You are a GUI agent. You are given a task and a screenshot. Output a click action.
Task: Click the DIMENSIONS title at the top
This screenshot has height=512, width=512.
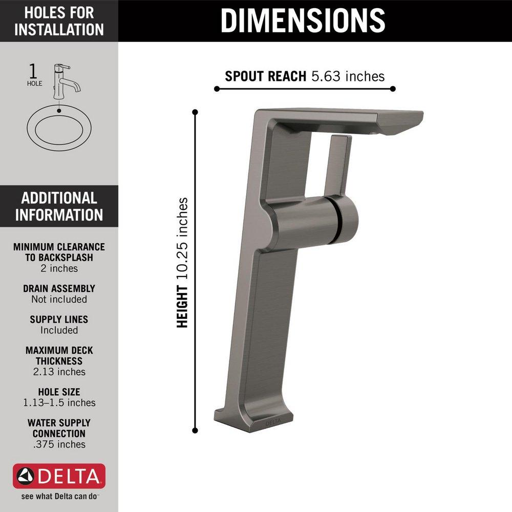coord(303,20)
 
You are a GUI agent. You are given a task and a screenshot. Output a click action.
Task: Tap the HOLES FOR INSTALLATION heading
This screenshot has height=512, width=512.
coord(59,20)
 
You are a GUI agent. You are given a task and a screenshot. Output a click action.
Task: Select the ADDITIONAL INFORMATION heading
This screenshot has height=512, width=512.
coord(59,206)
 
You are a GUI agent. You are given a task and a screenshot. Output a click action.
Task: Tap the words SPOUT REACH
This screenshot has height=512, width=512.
coord(266,77)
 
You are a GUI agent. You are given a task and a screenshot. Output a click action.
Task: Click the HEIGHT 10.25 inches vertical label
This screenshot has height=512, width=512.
coord(183,263)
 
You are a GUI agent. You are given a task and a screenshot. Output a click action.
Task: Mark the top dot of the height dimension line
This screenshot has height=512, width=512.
coord(195,111)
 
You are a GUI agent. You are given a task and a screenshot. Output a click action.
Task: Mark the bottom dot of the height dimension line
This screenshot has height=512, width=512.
coord(195,431)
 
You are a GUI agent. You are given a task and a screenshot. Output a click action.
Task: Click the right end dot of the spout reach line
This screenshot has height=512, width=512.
coord(393,89)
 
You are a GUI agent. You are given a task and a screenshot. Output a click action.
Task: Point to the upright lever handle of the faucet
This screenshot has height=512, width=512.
coord(338,164)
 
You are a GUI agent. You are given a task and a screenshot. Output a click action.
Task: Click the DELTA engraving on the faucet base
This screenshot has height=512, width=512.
coord(273,422)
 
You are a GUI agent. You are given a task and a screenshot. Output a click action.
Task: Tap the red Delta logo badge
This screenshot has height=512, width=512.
coord(59,477)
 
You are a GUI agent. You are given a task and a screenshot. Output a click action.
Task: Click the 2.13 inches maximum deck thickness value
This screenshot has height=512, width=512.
coord(59,372)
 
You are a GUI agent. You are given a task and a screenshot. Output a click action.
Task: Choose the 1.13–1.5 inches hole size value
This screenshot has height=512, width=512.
coord(59,402)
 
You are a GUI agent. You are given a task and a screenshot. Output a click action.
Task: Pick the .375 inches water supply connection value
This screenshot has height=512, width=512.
coord(59,444)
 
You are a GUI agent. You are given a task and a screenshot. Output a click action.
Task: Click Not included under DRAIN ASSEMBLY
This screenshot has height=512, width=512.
coord(59,299)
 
